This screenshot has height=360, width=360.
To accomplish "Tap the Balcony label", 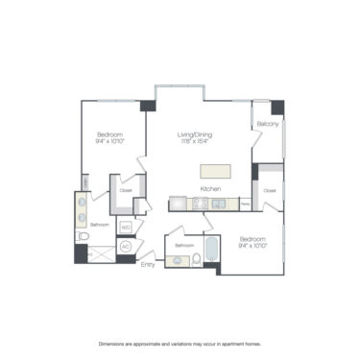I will tap(268, 125).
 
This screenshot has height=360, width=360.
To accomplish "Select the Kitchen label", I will tap(211, 190).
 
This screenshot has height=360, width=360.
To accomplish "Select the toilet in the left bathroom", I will tap(84, 234).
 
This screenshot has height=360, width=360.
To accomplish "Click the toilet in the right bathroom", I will tap(197, 256).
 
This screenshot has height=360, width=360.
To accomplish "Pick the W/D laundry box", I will tap(125, 227).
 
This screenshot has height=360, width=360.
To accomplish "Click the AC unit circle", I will tap(125, 247).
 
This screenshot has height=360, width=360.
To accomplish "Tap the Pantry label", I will tap(246, 204).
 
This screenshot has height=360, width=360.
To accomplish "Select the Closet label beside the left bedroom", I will tap(125, 190).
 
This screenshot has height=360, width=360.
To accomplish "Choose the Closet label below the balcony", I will tap(270, 190).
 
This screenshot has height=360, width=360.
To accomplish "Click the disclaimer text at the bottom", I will tap(180, 343).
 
